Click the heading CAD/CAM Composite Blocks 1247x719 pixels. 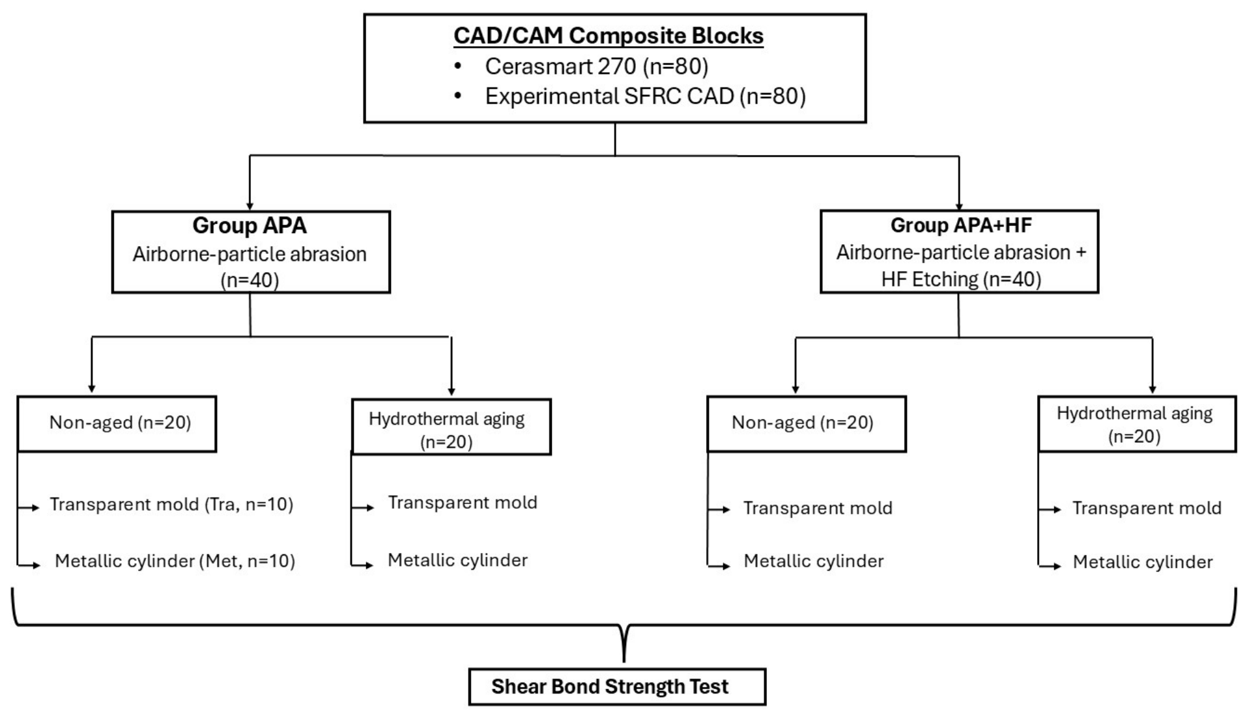(x=609, y=36)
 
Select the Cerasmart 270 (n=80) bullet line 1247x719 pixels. (x=596, y=66)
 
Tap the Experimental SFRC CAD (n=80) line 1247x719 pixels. (x=645, y=96)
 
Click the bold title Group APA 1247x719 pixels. (x=250, y=225)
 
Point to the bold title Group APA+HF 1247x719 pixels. (x=961, y=225)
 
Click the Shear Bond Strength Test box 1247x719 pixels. (x=617, y=686)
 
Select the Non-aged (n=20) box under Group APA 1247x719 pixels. (x=117, y=423)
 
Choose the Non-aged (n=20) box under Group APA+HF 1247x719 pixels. (x=807, y=423)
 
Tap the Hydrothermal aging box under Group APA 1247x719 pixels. (x=451, y=427)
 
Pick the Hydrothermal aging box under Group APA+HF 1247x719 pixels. (x=1137, y=423)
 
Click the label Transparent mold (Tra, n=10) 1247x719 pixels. (x=171, y=504)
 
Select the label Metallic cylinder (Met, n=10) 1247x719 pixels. (x=175, y=561)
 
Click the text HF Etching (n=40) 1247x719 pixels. (x=961, y=279)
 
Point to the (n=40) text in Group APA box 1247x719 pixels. (x=250, y=281)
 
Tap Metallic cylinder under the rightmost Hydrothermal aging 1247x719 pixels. (x=1143, y=562)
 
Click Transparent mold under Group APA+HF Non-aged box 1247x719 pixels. (x=818, y=508)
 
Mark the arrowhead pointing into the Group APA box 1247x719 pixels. (x=250, y=206)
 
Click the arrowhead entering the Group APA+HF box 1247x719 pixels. (x=959, y=206)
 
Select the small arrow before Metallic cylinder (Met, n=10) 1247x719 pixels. (x=29, y=565)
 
